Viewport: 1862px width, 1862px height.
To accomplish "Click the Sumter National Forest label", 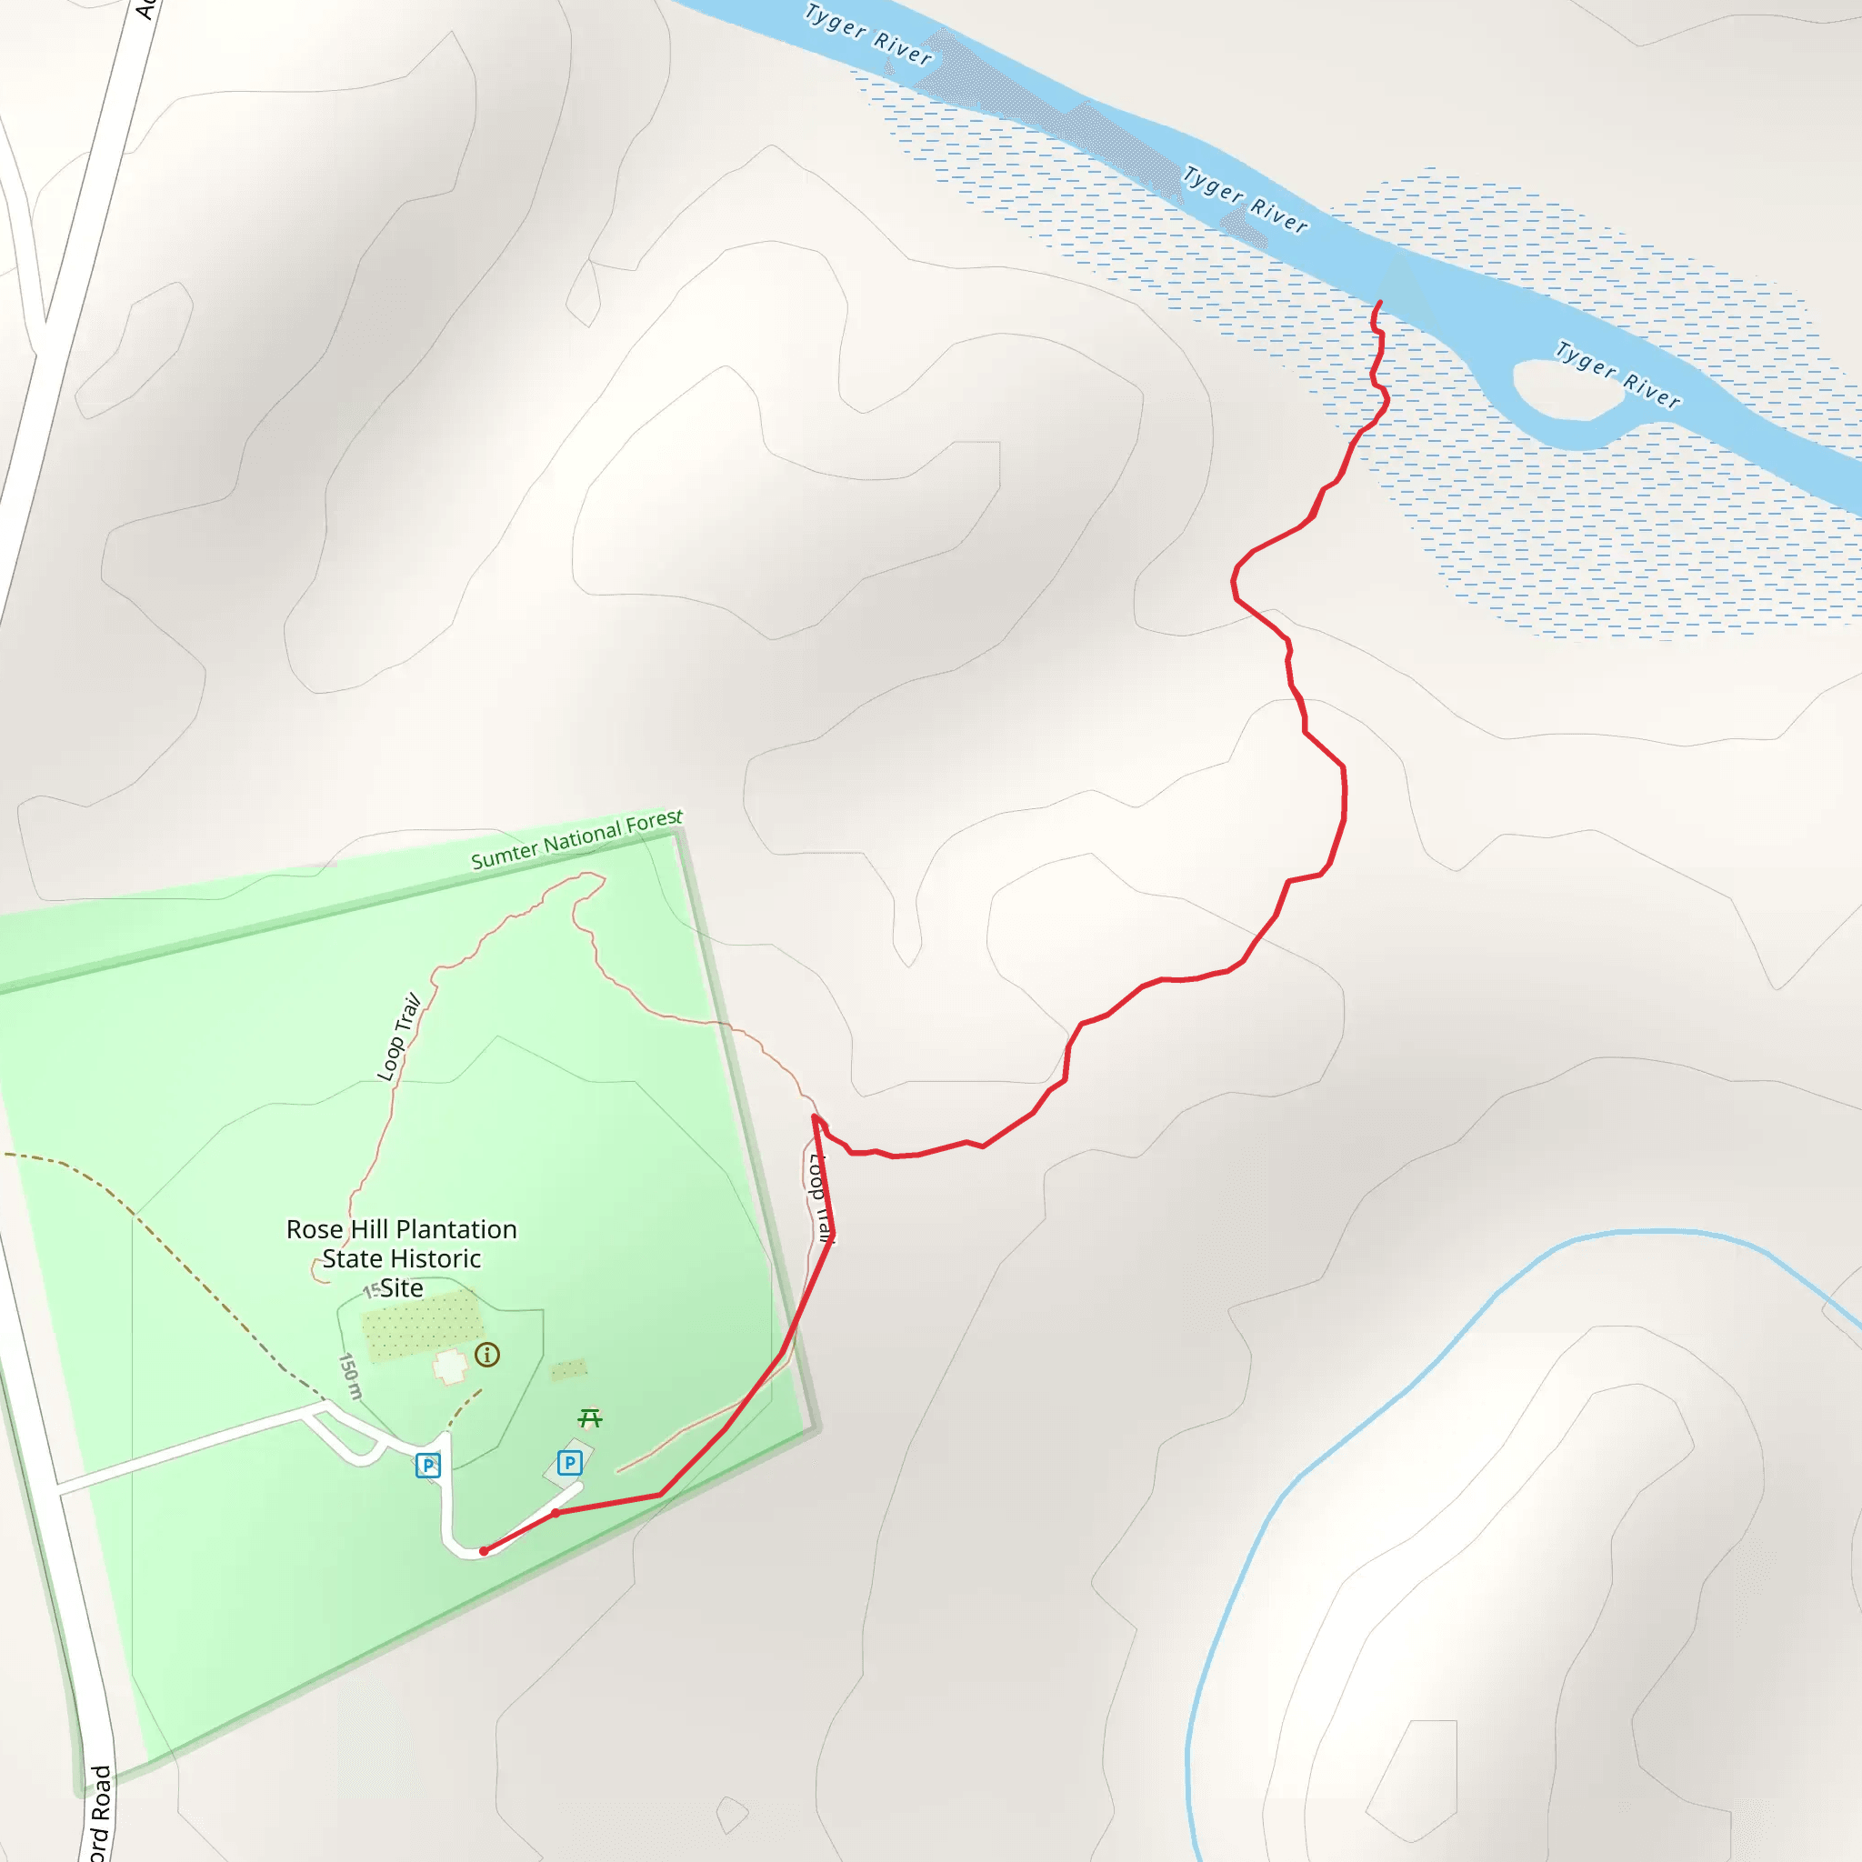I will (x=576, y=839).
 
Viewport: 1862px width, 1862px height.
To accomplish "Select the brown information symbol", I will (x=487, y=1355).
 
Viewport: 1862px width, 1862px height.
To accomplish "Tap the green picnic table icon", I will (x=590, y=1417).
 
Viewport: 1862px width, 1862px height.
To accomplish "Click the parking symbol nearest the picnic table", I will (x=569, y=1463).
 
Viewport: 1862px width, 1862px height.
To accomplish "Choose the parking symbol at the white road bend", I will (x=428, y=1466).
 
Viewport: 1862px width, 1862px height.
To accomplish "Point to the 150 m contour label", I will (x=350, y=1376).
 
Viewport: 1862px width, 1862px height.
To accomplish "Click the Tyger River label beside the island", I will (x=1618, y=374).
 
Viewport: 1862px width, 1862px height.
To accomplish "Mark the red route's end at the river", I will (x=1380, y=303).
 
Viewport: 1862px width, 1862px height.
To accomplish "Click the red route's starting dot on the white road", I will (x=484, y=1551).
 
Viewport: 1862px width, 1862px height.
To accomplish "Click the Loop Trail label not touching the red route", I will (x=399, y=1037).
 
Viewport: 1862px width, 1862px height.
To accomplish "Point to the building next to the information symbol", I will (x=450, y=1366).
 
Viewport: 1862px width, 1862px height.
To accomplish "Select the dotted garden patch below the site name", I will (x=421, y=1324).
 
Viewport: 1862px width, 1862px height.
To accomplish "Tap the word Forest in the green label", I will (x=654, y=822).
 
